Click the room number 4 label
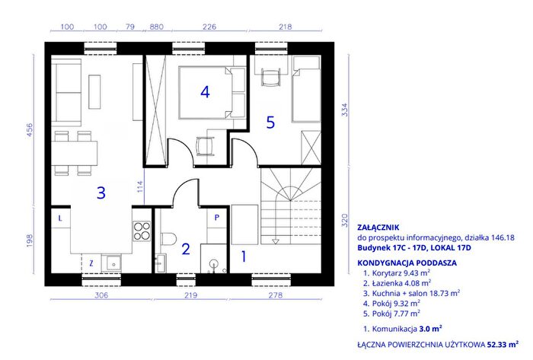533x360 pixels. [205, 91]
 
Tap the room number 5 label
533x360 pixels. [270, 123]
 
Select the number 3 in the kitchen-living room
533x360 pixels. [101, 193]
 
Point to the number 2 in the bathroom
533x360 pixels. [186, 250]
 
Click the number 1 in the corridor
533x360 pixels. [244, 256]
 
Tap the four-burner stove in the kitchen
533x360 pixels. [142, 231]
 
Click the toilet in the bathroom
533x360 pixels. [168, 238]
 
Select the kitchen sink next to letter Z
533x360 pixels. [111, 263]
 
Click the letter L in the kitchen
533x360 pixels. [60, 218]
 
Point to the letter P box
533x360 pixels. [217, 218]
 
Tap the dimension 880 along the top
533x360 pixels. [156, 27]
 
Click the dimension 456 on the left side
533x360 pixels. [30, 129]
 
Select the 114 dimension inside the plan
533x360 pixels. [140, 186]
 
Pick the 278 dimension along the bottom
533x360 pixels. [276, 295]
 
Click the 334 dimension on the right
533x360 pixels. [345, 110]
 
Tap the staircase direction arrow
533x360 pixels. [276, 241]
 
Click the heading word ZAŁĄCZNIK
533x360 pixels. [378, 228]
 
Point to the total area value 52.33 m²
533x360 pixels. [503, 344]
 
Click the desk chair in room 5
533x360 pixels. [271, 78]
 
